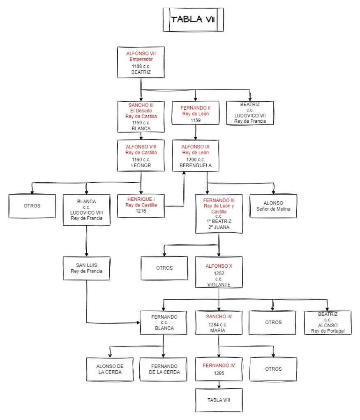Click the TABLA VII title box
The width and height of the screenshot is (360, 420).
193,19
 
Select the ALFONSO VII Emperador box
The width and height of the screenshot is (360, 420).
141,62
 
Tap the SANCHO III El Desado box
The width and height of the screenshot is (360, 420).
141,117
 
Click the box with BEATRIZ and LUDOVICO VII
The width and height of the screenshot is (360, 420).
250,113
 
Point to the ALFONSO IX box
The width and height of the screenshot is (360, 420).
195,156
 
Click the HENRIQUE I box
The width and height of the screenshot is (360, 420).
141,205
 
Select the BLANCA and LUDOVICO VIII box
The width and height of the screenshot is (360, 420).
86,210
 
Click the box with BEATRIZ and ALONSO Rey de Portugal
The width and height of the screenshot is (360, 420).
328,323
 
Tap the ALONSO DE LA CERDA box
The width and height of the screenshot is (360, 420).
110,369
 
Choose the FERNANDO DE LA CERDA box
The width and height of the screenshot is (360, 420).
164,369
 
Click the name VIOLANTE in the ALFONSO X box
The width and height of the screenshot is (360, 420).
219,284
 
